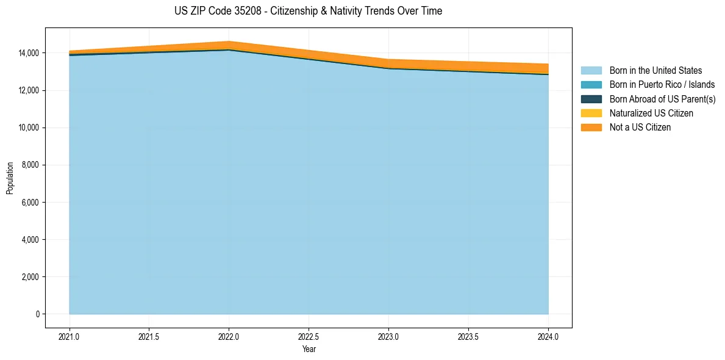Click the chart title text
click(308, 11)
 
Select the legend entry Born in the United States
click(655, 71)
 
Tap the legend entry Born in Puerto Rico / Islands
click(662, 85)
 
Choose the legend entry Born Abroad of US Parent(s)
click(662, 99)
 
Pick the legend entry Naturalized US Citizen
click(651, 113)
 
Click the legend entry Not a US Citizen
click(640, 128)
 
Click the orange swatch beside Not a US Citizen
click(591, 128)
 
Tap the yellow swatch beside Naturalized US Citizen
click(591, 113)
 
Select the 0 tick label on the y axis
click(38, 314)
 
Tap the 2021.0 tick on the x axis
click(70, 336)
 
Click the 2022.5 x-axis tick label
click(309, 336)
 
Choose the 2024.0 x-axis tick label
click(548, 336)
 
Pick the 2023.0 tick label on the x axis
click(388, 336)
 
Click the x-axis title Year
click(309, 349)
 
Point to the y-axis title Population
click(10, 178)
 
